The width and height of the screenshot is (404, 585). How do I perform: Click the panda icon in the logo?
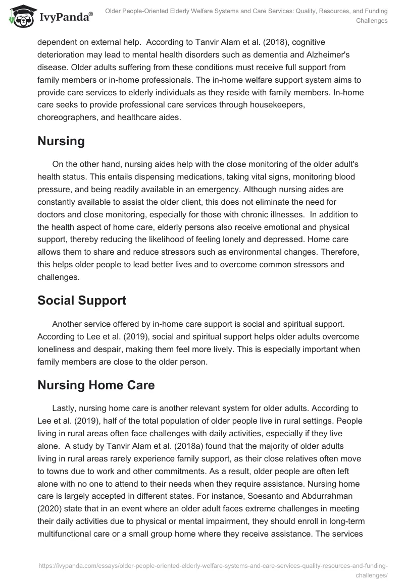click(20, 17)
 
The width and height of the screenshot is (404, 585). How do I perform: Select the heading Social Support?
click(81, 300)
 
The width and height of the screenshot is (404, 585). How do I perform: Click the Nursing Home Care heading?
click(96, 385)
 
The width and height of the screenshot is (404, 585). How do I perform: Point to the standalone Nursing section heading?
click(61, 141)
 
